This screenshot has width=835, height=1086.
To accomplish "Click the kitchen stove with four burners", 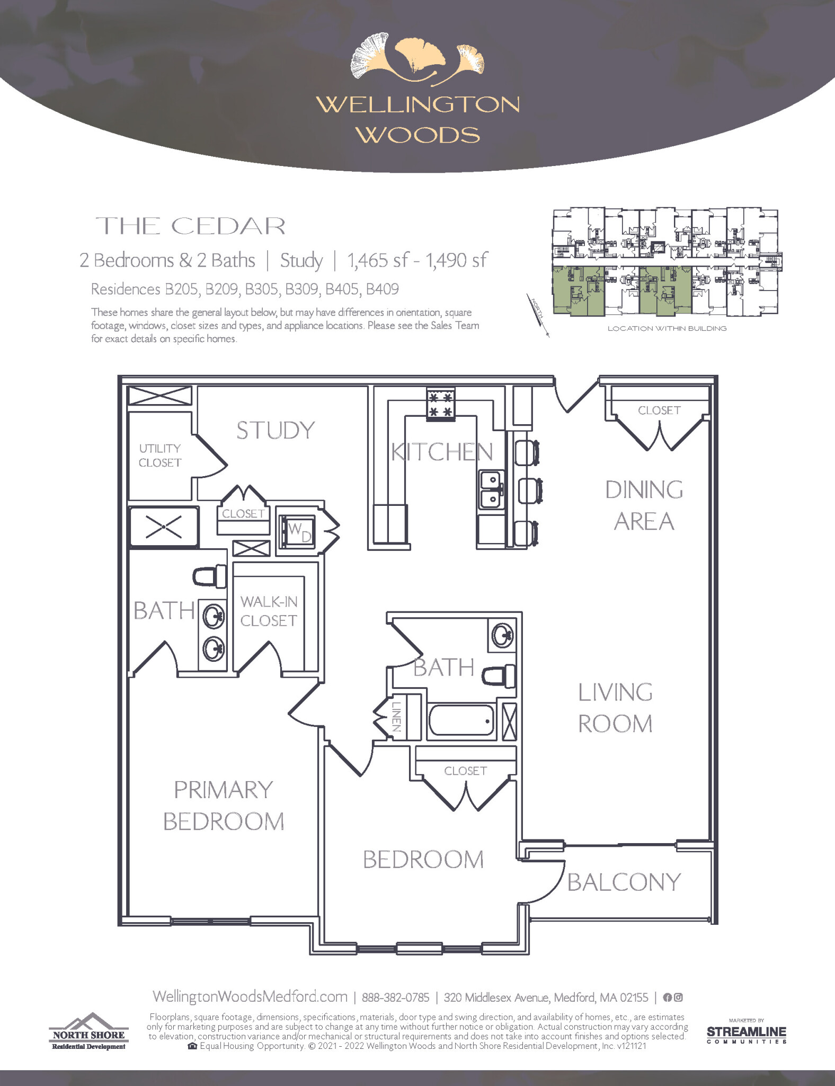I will pos(440,405).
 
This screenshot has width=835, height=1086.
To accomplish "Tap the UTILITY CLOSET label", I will pos(159,456).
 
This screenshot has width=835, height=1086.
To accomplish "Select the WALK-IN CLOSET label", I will pos(269,611).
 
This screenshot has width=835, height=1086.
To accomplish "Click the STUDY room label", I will pos(276,430).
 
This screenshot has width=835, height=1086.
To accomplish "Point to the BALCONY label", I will pos(624,882).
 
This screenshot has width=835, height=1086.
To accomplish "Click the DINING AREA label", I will pos(644,505).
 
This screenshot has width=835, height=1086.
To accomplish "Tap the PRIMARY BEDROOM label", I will pos(224,805).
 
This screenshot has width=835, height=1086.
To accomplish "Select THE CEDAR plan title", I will pos(191,226).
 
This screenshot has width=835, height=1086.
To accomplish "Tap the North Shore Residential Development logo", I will pos(89,1031).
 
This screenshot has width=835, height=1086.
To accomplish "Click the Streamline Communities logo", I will pos(746,1032).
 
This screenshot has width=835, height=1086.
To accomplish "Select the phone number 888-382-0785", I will pos(395,997).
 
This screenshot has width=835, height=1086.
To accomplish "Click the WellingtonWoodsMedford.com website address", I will pos(250,996).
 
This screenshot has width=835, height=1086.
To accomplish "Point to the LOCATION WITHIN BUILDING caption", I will pos(667,329).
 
